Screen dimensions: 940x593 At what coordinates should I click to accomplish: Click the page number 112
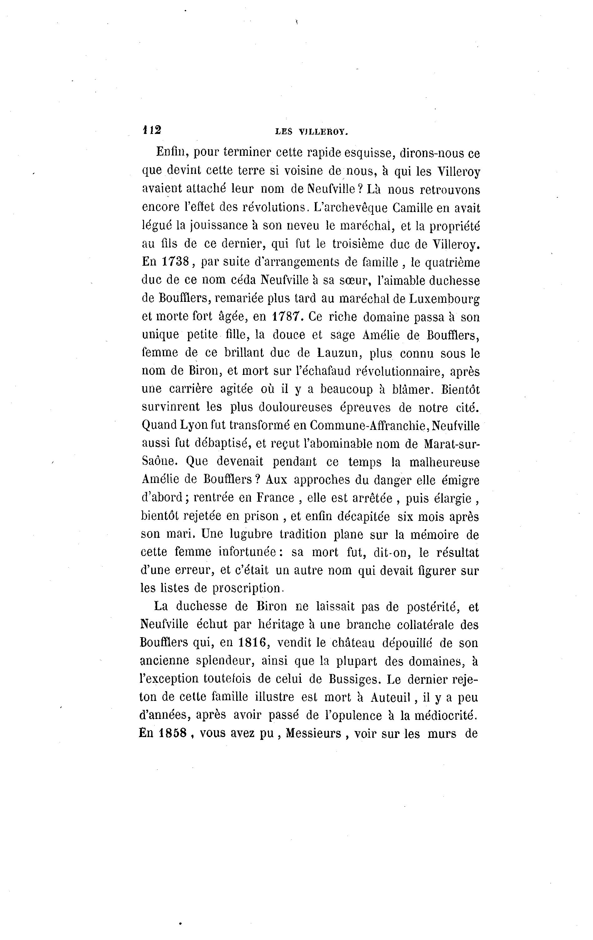152,130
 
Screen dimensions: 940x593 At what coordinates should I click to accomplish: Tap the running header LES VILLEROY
311,132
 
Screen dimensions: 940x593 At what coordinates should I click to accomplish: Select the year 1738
176,262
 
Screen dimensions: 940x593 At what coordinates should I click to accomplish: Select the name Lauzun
337,352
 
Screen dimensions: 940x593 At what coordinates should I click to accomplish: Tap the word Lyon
194,425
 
